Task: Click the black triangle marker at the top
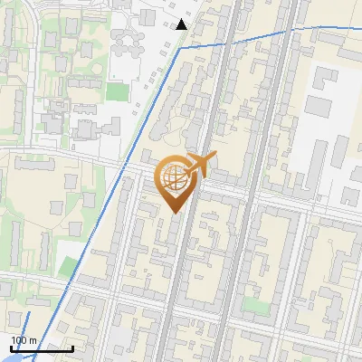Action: tap(182, 24)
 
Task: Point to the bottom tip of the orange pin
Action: tap(174, 213)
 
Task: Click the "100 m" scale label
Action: tap(24, 340)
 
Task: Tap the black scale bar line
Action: tap(41, 348)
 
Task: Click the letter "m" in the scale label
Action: tap(33, 340)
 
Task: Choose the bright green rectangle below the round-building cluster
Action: tap(117, 91)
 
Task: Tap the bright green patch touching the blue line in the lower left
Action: tap(67, 266)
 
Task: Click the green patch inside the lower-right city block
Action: tap(255, 306)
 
